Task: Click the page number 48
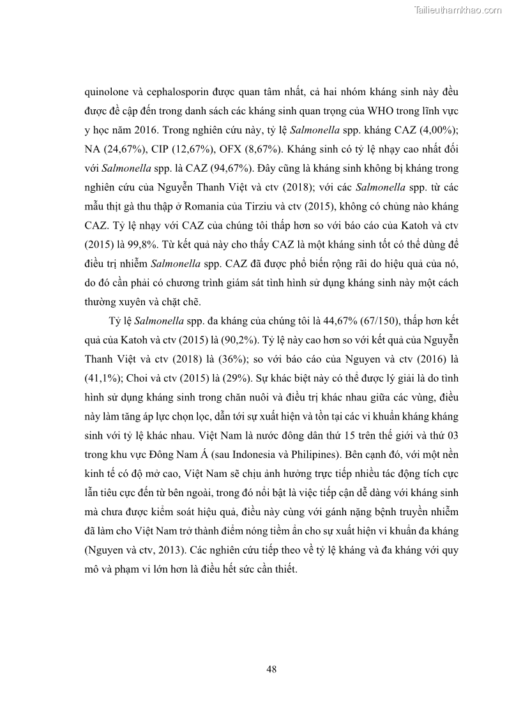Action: [271, 668]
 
